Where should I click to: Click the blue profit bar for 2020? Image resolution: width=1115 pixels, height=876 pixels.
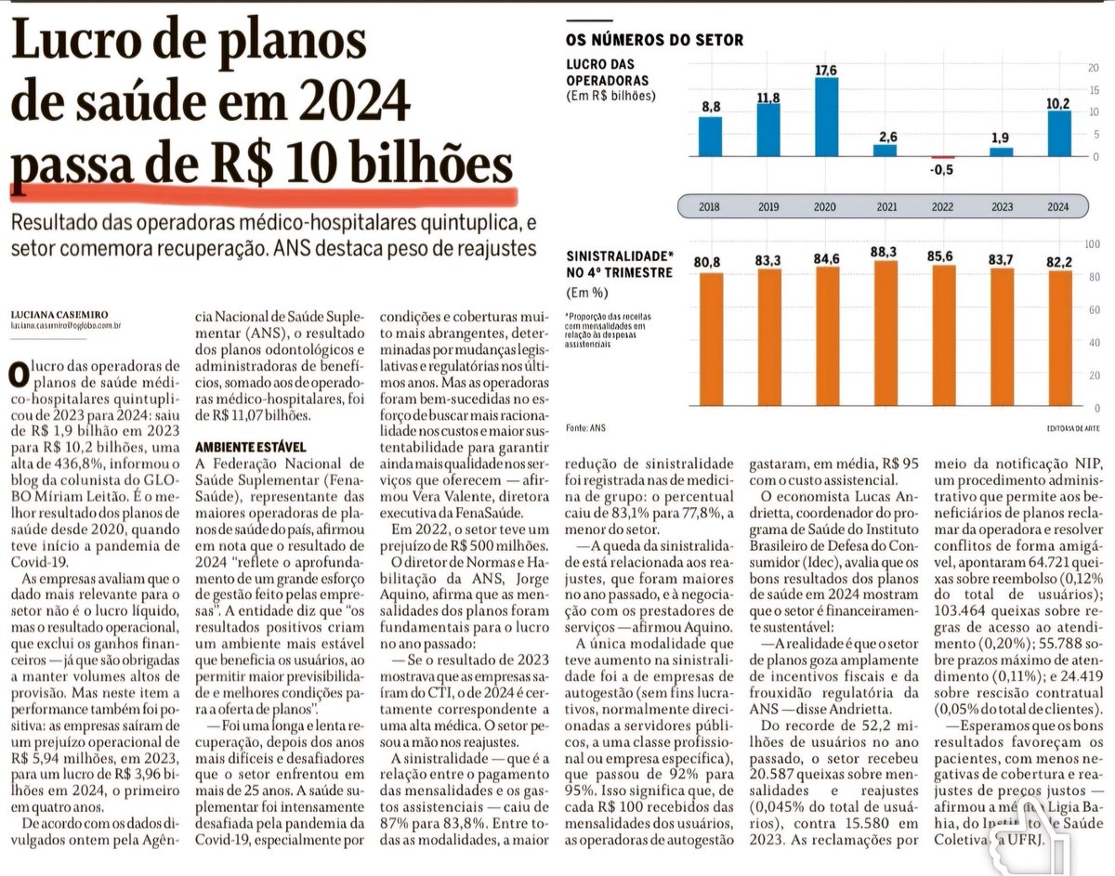coord(826,116)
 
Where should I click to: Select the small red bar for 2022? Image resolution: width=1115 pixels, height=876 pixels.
coord(942,157)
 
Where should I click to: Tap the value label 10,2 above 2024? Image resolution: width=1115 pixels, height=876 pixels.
coord(1057,103)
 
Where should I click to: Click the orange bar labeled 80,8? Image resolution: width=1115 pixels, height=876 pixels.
coord(710,339)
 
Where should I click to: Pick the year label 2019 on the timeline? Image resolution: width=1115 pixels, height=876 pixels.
coord(767,206)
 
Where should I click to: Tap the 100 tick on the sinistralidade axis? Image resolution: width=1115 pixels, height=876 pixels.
coord(1093,243)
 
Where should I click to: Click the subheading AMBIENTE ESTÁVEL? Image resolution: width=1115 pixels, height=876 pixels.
coord(250,447)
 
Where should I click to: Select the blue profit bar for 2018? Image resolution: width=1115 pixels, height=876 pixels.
coord(710,136)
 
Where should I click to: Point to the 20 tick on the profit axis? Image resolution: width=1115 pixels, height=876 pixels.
coord(1093,68)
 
